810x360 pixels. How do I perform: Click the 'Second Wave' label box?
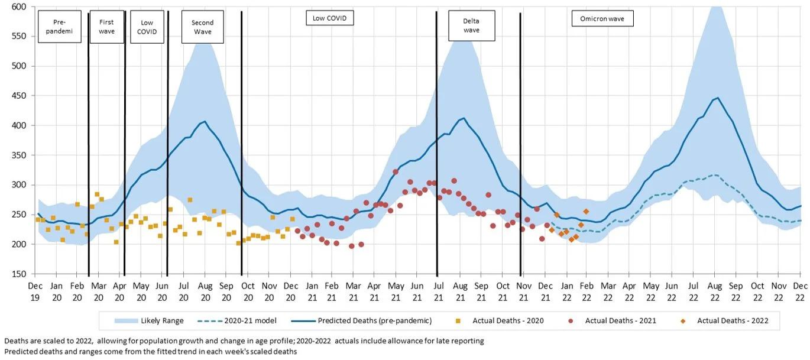click(x=203, y=27)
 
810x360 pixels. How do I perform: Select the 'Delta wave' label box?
click(x=471, y=26)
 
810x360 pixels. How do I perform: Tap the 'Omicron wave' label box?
click(x=602, y=19)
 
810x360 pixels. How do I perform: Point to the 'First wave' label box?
click(x=107, y=27)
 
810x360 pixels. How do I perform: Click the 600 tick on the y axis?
click(x=20, y=7)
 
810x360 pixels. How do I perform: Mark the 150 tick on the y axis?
click(x=20, y=274)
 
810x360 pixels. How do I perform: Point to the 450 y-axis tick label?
click(x=20, y=96)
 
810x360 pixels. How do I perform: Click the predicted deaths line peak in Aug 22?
click(x=718, y=98)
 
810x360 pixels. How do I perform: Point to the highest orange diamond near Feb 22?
click(x=586, y=211)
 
